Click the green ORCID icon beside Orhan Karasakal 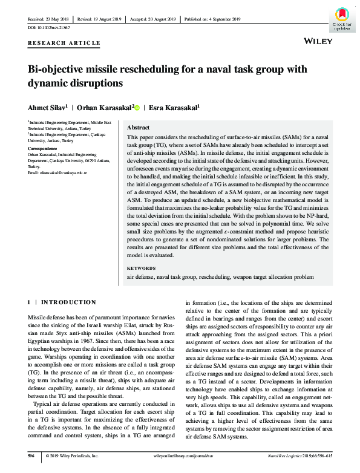point(137,108)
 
